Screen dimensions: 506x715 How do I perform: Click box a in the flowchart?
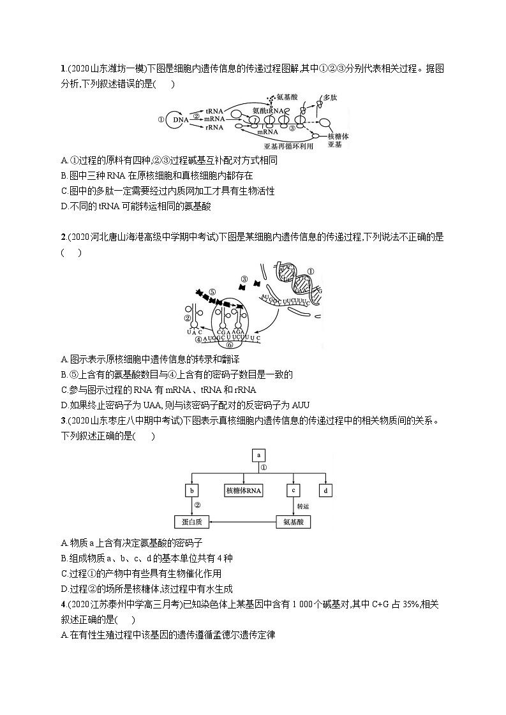tap(259, 455)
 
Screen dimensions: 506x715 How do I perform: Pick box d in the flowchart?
tap(325, 490)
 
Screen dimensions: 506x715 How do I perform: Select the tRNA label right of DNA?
tap(214, 110)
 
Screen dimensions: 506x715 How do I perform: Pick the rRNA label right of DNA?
tap(214, 128)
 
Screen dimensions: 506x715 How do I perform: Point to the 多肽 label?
tap(330, 98)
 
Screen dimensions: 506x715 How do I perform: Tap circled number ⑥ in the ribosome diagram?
tap(230, 344)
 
